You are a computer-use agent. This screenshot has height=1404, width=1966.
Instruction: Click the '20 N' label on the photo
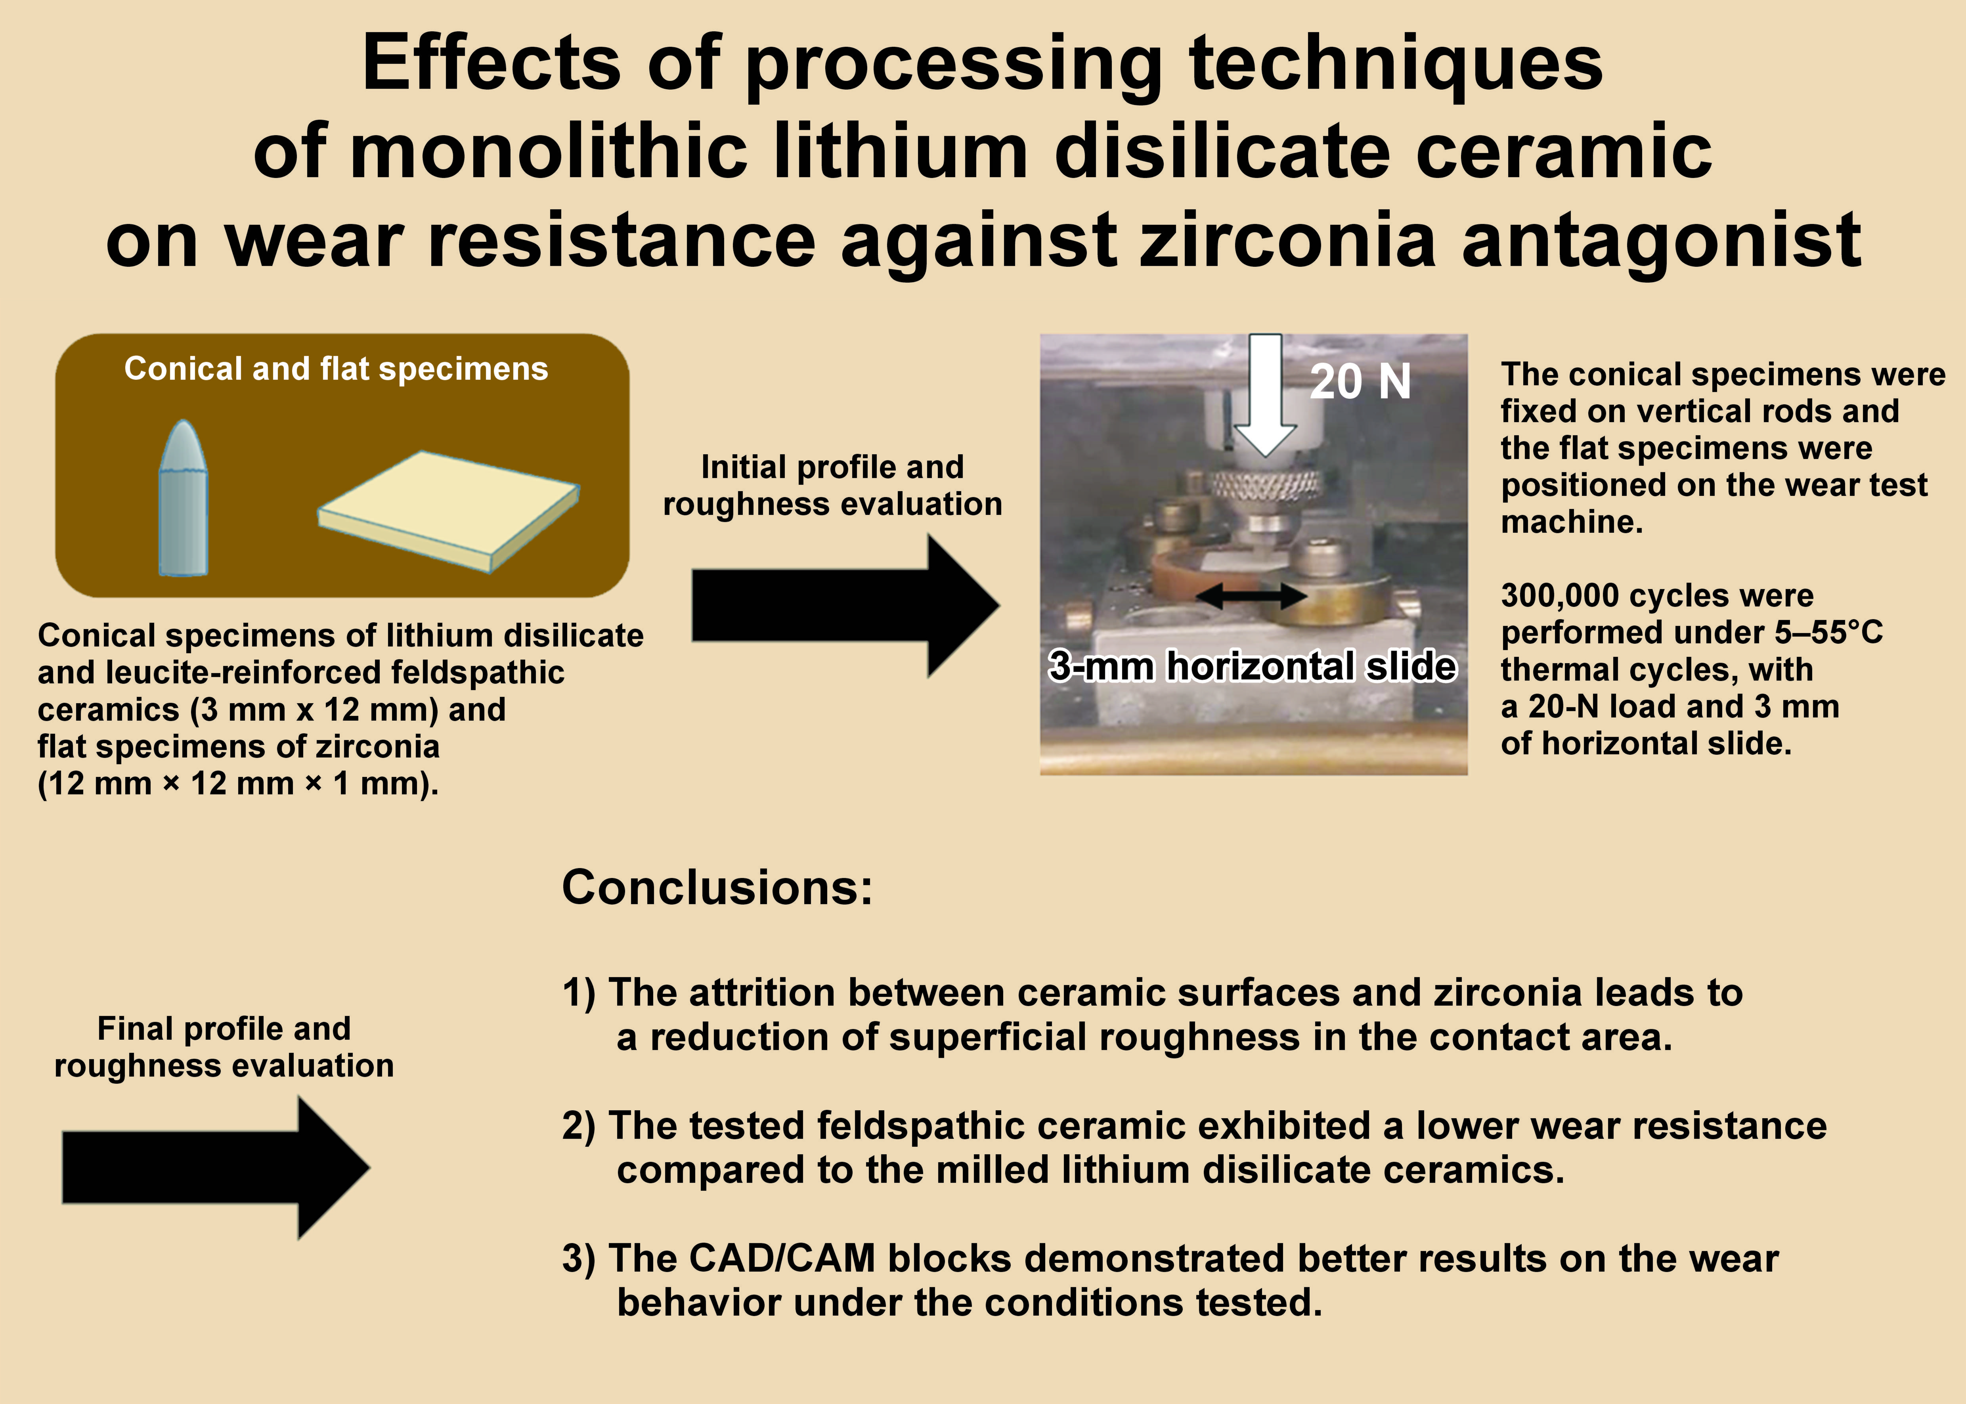click(x=1360, y=381)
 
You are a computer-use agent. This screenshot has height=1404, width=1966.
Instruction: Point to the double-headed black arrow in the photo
click(x=1251, y=595)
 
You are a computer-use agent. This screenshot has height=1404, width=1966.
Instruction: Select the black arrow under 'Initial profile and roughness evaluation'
click(x=845, y=605)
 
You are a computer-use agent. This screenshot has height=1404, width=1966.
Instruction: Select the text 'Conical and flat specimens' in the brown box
click(x=336, y=369)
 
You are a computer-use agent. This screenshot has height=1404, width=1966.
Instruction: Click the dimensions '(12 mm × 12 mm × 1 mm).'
click(x=238, y=783)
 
